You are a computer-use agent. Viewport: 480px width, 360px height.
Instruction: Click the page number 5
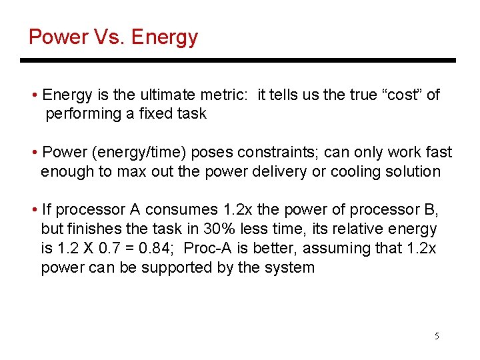437,336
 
